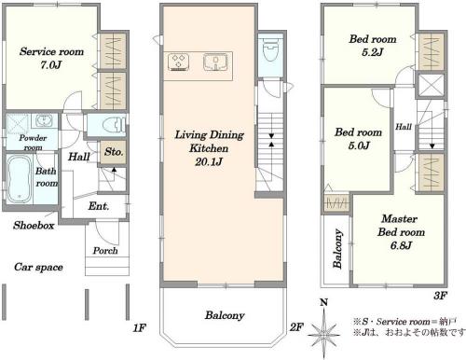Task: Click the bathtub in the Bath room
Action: point(20,179)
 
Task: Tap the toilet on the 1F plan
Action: point(116,125)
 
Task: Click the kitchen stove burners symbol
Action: point(178,62)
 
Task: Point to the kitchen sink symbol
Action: point(215,62)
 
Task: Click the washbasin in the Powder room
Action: point(44,121)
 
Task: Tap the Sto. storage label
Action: point(114,152)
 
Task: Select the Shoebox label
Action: point(34,225)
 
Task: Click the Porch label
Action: point(105,251)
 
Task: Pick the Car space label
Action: point(38,267)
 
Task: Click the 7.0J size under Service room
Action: point(51,65)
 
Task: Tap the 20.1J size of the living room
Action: point(209,162)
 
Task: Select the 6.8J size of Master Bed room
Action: point(401,245)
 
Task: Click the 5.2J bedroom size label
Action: point(373,52)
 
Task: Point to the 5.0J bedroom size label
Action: point(359,145)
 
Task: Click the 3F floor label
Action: point(441,296)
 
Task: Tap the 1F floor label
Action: point(140,327)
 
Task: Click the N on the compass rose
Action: point(324,302)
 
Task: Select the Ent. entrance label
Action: point(99,206)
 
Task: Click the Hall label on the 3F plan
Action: point(404,127)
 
